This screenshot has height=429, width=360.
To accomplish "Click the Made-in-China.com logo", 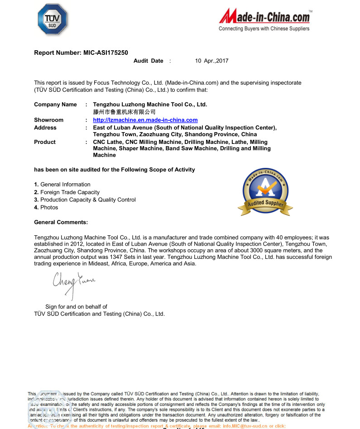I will click(x=264, y=17).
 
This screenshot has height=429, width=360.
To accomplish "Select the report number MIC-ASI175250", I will click(x=106, y=52).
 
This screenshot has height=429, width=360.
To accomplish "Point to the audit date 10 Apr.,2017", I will click(x=211, y=61).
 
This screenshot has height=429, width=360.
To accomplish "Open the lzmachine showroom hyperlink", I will click(x=145, y=120).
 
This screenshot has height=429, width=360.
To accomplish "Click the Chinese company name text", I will click(x=124, y=112).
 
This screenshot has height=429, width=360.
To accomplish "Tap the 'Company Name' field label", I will click(x=55, y=105).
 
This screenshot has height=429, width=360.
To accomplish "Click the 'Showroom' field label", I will click(x=48, y=120).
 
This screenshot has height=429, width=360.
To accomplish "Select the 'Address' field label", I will click(x=45, y=128).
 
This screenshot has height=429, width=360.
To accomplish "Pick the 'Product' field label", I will click(x=45, y=142).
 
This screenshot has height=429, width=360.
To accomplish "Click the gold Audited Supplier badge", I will click(x=265, y=191).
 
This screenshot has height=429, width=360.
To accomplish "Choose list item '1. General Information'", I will click(x=62, y=184).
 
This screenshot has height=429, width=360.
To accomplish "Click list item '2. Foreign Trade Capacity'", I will click(x=67, y=192).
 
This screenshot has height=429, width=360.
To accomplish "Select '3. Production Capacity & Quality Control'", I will click(x=85, y=200).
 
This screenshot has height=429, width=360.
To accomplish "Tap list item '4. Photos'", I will click(x=46, y=207).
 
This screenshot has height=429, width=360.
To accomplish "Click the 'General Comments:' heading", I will click(x=61, y=222).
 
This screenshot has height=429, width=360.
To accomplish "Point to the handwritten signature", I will click(x=74, y=283).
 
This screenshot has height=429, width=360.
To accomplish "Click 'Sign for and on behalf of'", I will click(x=76, y=307).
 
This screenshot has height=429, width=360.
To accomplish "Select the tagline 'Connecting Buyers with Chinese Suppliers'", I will click(x=264, y=29).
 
